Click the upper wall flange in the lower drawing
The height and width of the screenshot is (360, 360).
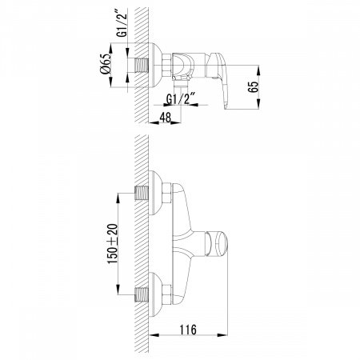coord(157,194)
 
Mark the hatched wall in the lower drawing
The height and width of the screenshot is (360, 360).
coord(139,240)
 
